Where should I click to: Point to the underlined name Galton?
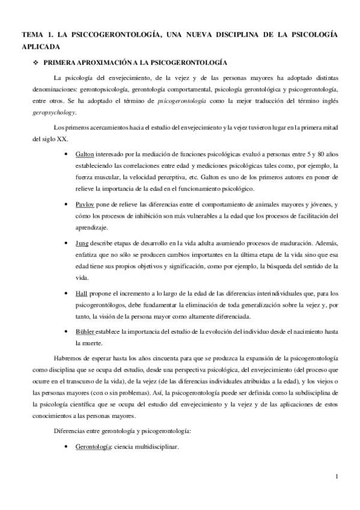click(x=85, y=155)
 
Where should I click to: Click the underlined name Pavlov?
click(x=85, y=204)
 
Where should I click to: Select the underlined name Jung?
click(x=82, y=242)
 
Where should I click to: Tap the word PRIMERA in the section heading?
click(x=63, y=62)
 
